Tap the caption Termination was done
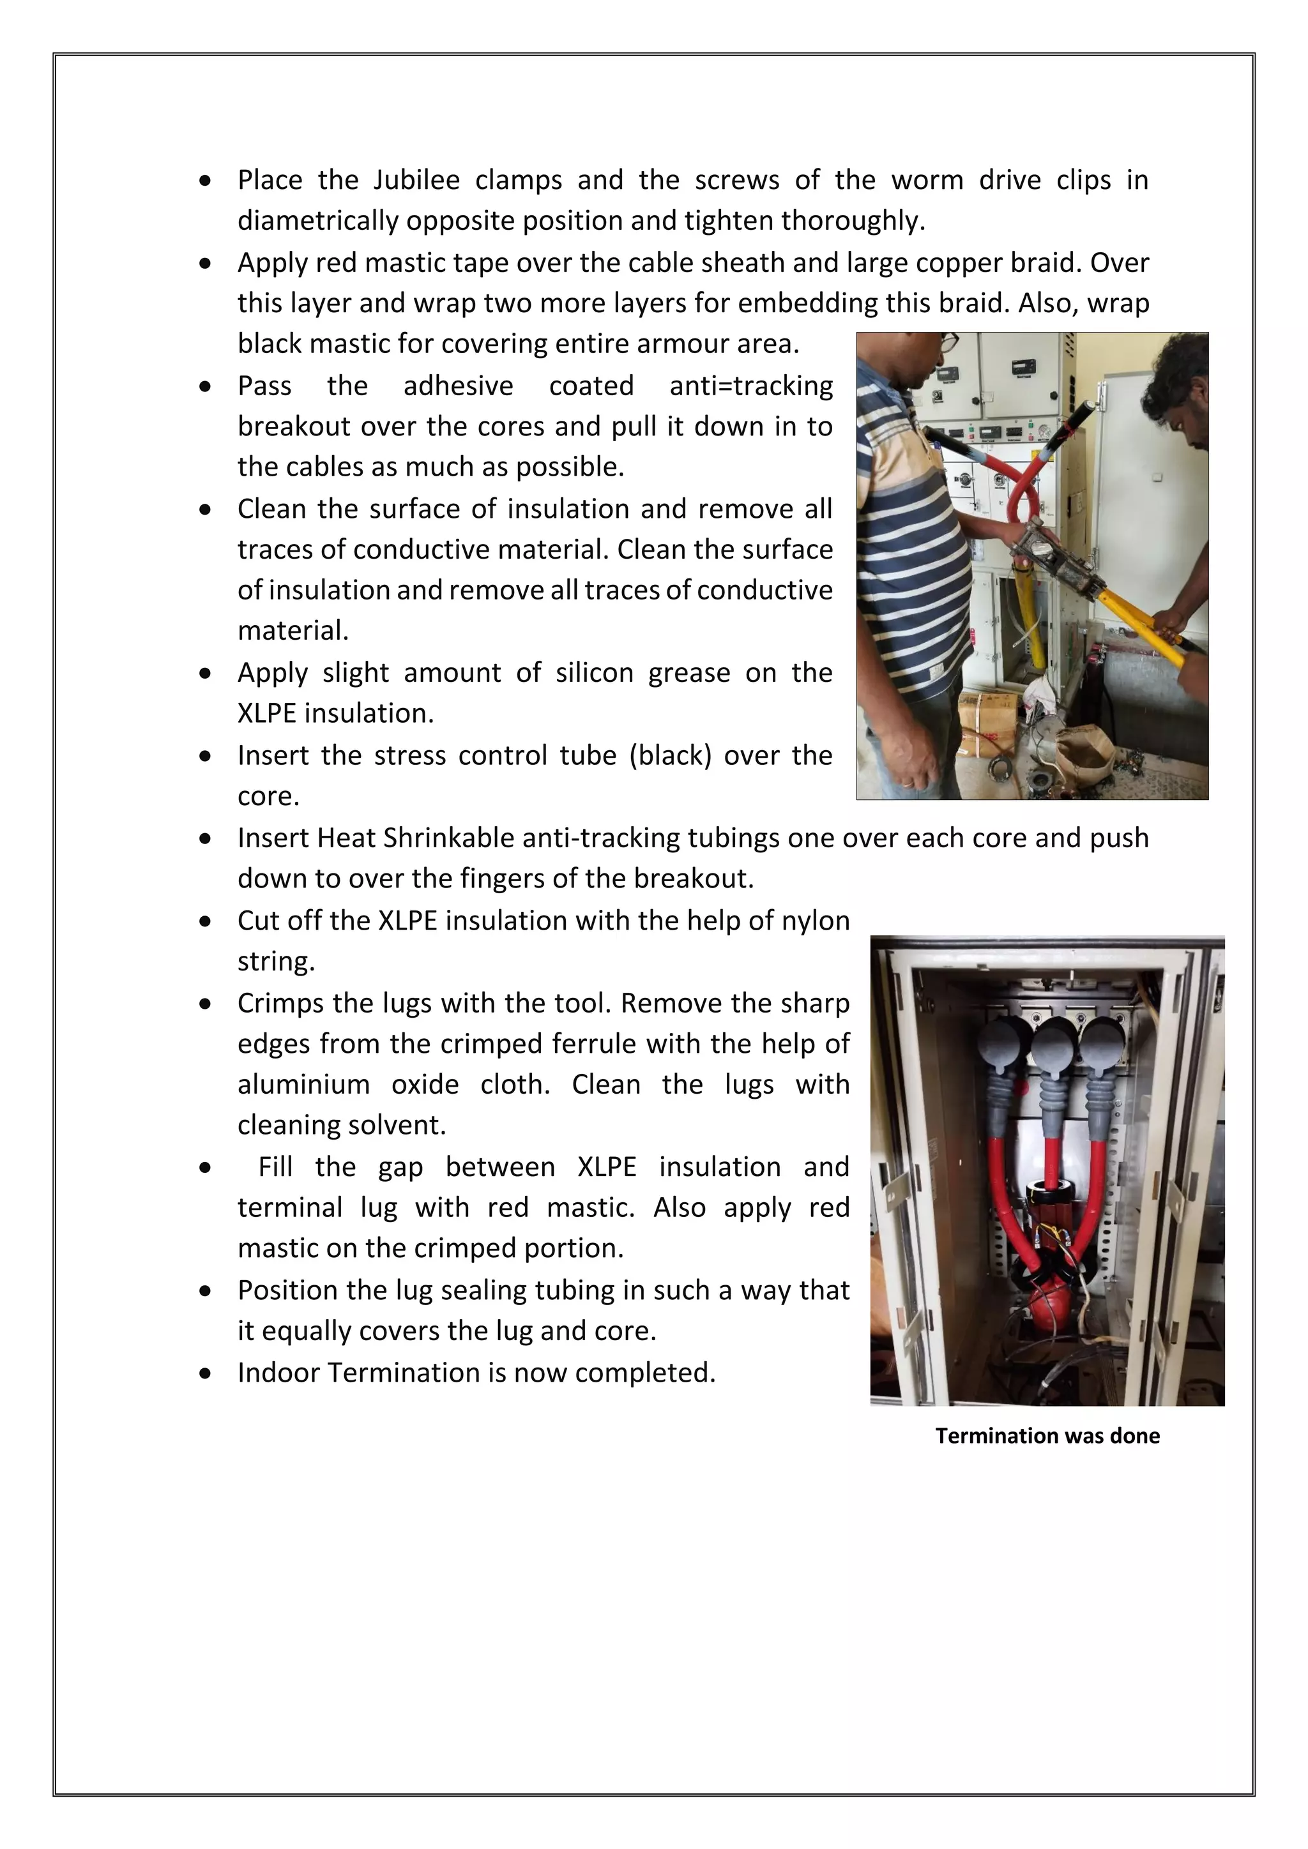tap(1047, 1435)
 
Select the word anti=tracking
tap(750, 386)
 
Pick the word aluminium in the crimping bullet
tap(303, 1085)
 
